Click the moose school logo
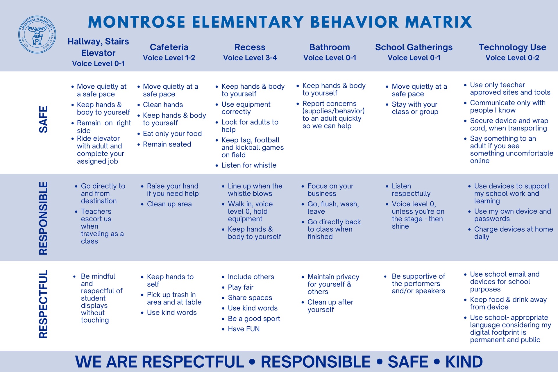tap(37, 35)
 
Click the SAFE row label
tap(43, 119)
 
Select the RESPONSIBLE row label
tap(43, 218)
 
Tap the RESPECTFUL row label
tap(43, 304)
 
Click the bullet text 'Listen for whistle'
tap(249, 165)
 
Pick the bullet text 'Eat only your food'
tap(172, 134)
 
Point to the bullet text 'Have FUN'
tap(244, 329)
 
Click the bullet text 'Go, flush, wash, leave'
tap(333, 208)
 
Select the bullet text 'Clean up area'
tap(169, 204)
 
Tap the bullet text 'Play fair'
tap(241, 287)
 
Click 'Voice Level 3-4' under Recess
tap(250, 58)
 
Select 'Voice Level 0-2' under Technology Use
tap(512, 58)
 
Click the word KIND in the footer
tap(464, 362)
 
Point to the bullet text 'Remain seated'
tap(167, 144)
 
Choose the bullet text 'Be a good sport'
tap(254, 319)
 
